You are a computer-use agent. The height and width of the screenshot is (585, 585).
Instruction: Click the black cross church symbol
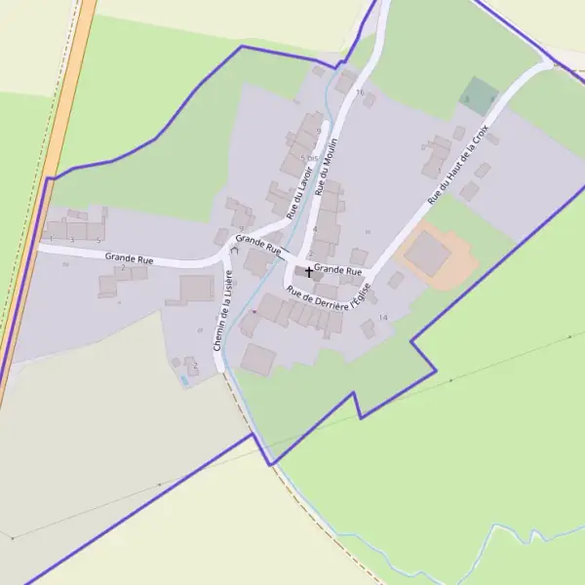pos(310,271)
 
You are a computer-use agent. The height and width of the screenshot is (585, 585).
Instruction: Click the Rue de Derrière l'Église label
pos(329,295)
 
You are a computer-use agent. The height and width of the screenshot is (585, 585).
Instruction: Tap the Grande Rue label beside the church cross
pos(338,270)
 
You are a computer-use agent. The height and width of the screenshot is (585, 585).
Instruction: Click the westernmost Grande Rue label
pos(130,259)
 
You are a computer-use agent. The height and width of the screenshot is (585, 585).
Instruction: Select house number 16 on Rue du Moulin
pos(360,93)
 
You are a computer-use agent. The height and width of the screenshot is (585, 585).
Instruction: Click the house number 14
pos(383,318)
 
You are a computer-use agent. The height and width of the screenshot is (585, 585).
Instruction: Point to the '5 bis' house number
pos(309,158)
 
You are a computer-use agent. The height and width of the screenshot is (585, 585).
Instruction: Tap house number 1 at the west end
pos(51,239)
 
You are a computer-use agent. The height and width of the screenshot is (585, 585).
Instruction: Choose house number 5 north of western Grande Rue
pos(98,239)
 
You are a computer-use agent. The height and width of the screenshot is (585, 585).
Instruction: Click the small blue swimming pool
pos(183,380)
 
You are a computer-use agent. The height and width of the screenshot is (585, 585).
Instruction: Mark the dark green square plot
pos(478,95)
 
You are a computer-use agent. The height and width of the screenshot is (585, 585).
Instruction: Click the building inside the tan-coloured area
pos(427,253)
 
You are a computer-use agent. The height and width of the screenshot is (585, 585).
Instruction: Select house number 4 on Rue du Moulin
pos(314,229)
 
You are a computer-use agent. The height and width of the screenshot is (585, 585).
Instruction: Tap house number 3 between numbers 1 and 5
pos(72,239)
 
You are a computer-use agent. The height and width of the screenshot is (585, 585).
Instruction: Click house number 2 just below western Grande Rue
pos(123,267)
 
